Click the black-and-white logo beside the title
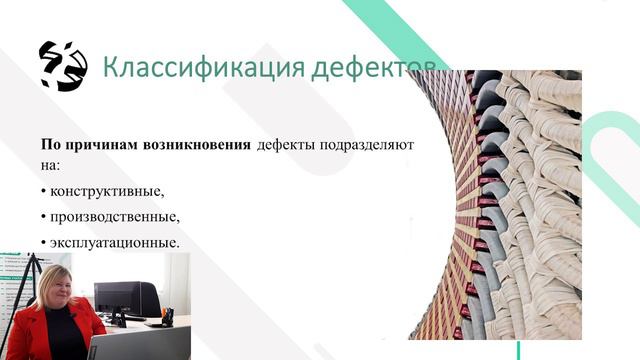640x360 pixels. (x=62, y=65)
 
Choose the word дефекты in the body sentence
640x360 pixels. (x=286, y=145)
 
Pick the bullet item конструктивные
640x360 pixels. (x=106, y=190)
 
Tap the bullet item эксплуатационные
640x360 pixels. (x=114, y=242)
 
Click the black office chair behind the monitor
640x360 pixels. (x=150, y=300)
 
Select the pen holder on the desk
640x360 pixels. (x=167, y=317)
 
